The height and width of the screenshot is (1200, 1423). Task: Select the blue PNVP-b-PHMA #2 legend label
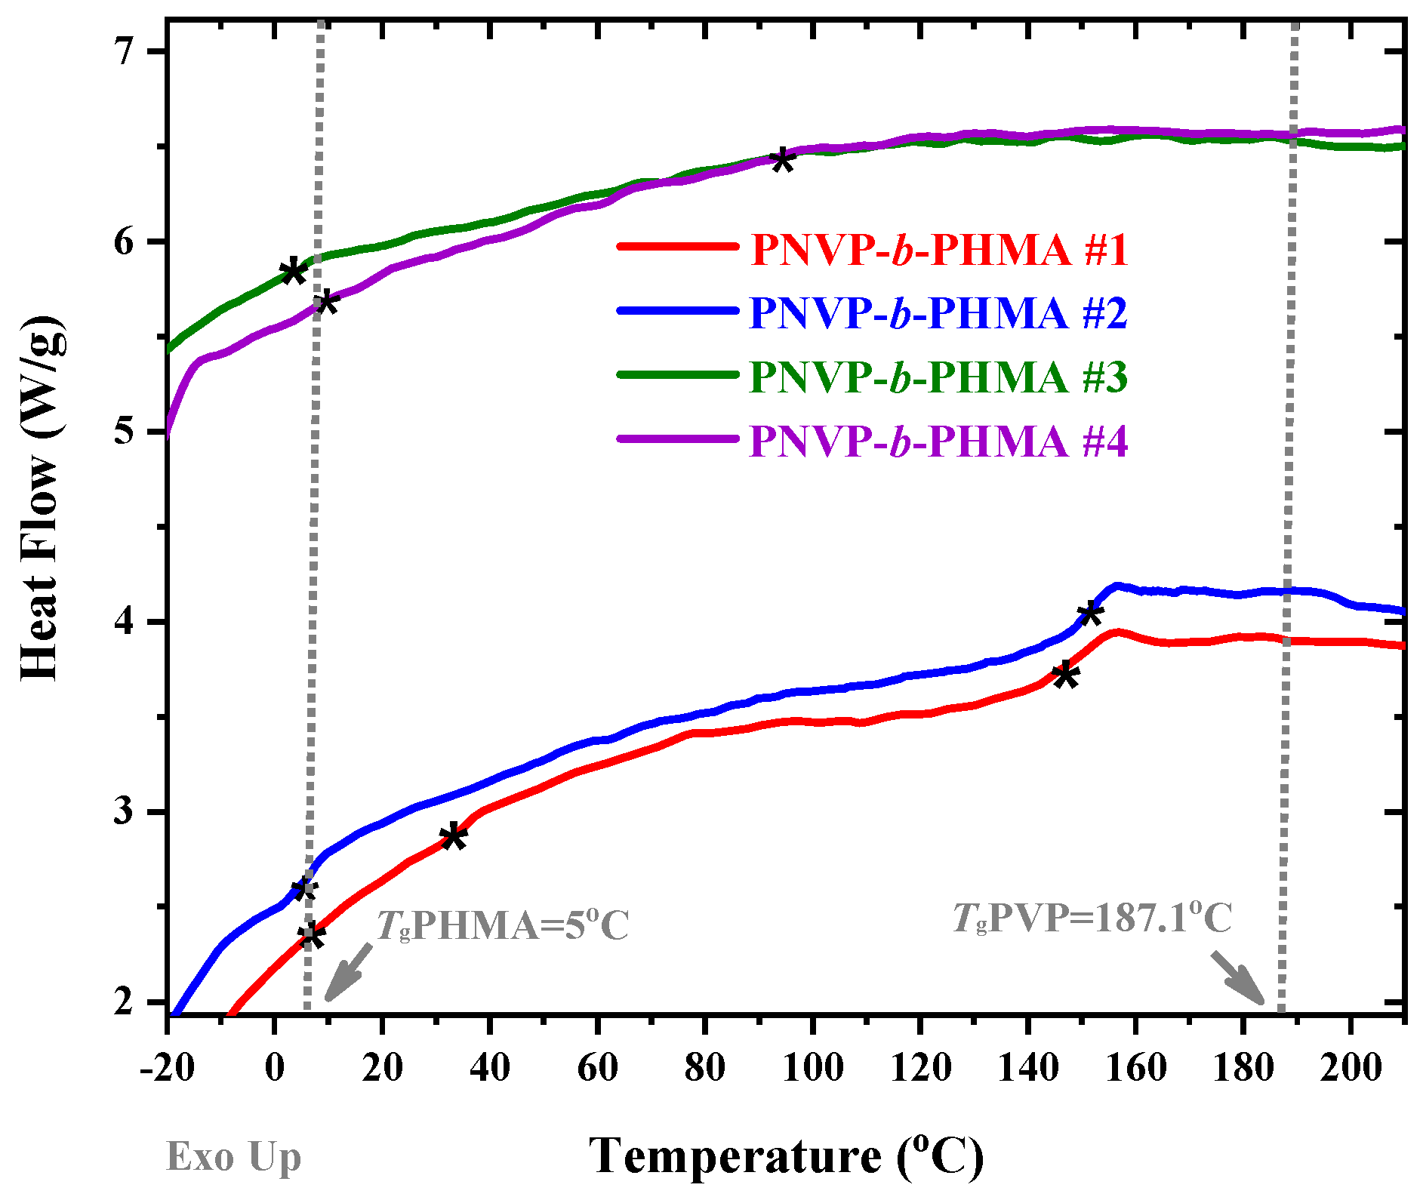(x=938, y=312)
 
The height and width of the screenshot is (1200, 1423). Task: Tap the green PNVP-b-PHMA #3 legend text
(x=938, y=376)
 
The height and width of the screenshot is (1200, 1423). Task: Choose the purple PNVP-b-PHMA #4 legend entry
(x=938, y=441)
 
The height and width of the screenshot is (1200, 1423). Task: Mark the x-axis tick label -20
(x=167, y=1068)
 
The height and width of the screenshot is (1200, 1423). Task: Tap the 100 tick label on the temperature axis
(x=812, y=1068)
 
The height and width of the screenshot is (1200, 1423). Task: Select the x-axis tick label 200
(x=1351, y=1068)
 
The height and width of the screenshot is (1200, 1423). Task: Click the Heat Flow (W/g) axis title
(x=42, y=498)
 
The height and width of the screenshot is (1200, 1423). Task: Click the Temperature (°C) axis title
(x=786, y=1155)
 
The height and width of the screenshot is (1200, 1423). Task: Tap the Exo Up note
(x=233, y=1156)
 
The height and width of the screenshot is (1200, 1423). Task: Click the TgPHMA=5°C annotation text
(x=502, y=925)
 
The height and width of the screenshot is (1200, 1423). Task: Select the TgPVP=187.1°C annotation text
(x=1092, y=918)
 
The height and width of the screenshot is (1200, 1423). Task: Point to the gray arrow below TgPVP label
(x=1238, y=978)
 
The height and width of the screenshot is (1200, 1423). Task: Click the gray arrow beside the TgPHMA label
(x=348, y=972)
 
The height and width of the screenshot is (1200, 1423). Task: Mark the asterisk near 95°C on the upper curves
(x=783, y=160)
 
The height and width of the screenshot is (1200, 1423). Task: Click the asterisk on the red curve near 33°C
(x=453, y=836)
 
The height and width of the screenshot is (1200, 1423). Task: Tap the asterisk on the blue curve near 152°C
(x=1089, y=613)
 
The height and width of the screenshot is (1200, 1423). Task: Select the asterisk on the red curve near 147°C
(x=1065, y=674)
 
